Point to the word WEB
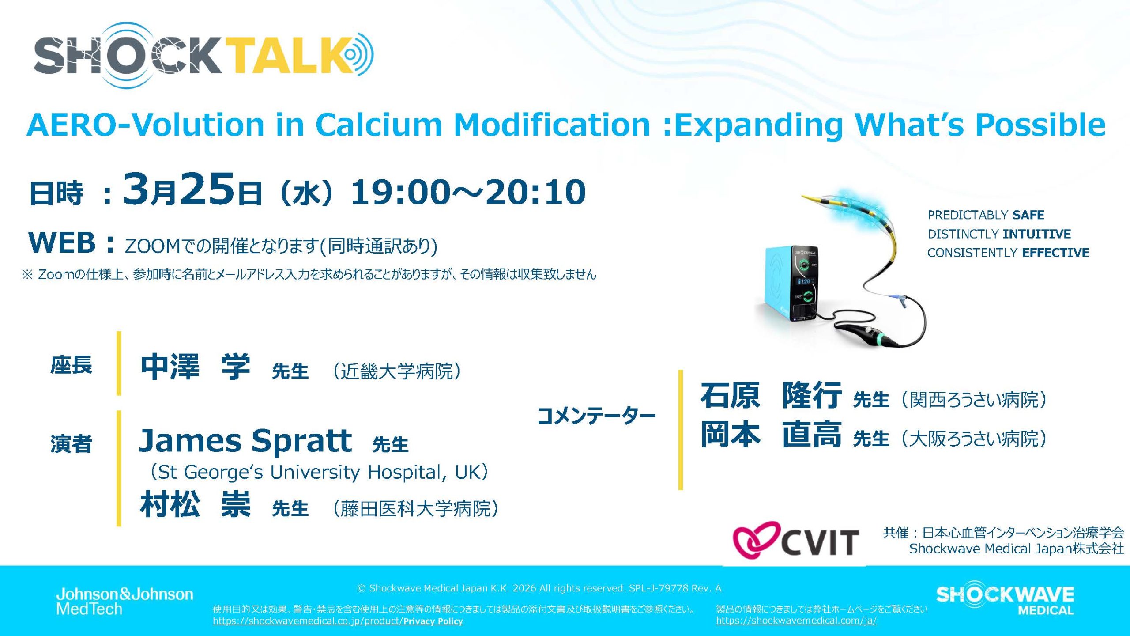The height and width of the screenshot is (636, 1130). pos(62,242)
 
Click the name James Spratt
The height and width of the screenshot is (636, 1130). pos(245,441)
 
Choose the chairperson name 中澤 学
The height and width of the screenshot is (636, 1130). pos(196,367)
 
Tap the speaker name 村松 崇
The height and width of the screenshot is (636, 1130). pos(196,504)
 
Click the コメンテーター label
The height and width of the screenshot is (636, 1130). pos(596,416)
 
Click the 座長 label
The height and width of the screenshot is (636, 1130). pos(71,365)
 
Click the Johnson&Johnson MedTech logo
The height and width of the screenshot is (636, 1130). pos(124,601)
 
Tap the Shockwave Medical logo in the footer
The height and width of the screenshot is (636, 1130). pos(1005,598)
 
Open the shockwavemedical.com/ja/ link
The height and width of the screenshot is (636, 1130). pos(796,621)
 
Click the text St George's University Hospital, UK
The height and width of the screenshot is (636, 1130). pos(319,472)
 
